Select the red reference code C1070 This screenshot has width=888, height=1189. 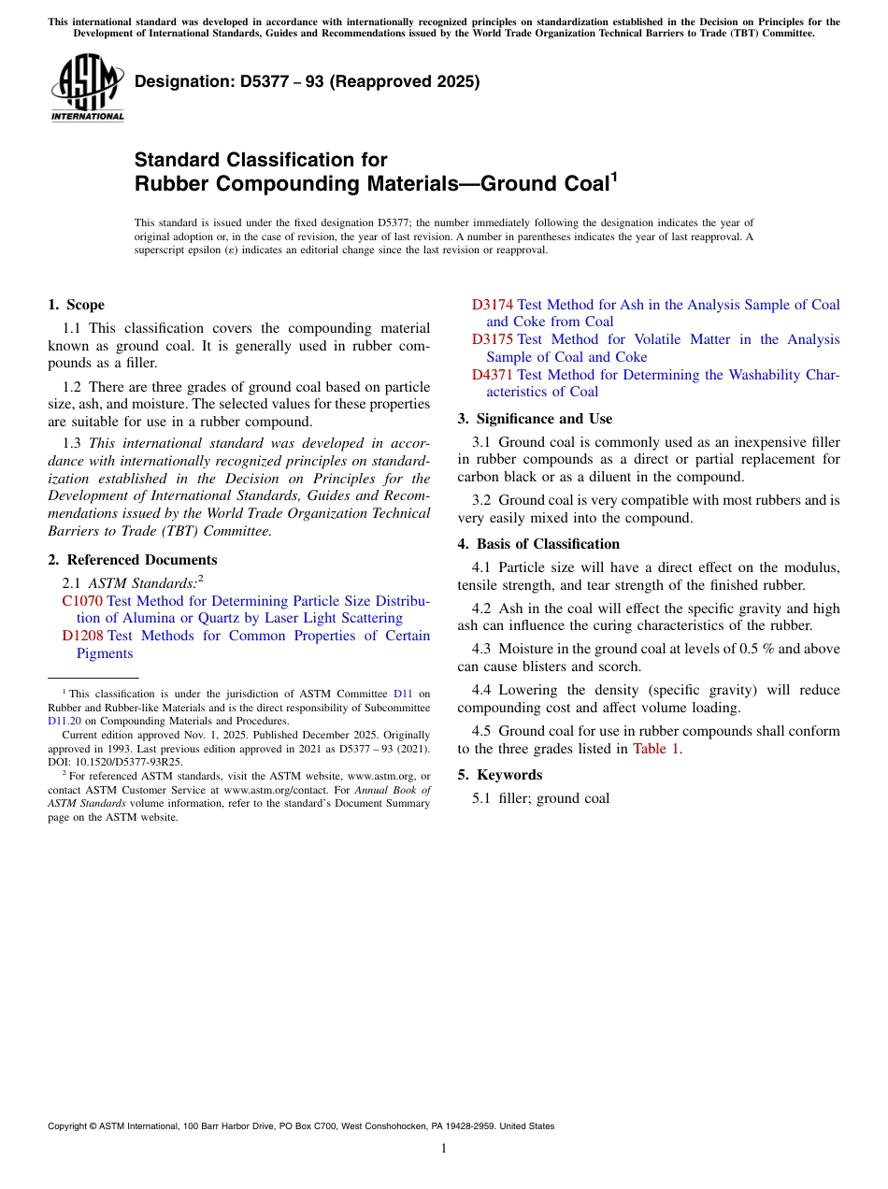tap(82, 601)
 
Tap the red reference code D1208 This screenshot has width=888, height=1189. tap(82, 636)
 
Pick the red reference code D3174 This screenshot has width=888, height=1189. tap(493, 305)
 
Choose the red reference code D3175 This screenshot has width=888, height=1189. tap(493, 339)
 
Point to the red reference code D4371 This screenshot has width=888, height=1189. tap(493, 375)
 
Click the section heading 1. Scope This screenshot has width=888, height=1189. tap(76, 305)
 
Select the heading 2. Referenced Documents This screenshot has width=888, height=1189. tap(132, 560)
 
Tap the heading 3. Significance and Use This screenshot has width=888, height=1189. tap(535, 419)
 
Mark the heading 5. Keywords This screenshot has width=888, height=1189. tap(500, 775)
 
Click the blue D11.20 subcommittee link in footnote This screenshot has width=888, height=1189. tap(64, 721)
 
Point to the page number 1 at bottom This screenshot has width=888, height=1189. tap(444, 1149)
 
